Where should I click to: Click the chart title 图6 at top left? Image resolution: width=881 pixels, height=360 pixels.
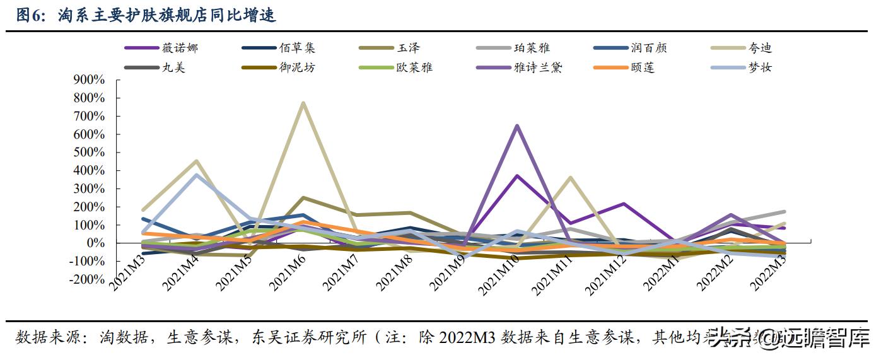146,15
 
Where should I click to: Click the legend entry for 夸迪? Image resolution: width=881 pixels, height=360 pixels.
760,48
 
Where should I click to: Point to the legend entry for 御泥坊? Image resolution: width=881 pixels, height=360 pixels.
297,67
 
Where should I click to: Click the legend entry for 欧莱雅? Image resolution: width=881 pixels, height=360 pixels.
414,67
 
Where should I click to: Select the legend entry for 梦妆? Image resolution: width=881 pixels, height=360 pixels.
760,67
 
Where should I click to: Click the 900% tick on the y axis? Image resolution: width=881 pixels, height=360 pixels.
89,80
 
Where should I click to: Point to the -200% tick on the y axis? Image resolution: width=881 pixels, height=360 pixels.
87,280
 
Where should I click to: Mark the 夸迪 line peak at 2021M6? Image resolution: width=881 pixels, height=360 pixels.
303,103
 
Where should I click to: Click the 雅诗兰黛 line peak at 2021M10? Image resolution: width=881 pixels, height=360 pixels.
517,125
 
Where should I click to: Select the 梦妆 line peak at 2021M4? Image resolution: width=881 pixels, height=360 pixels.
196,175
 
